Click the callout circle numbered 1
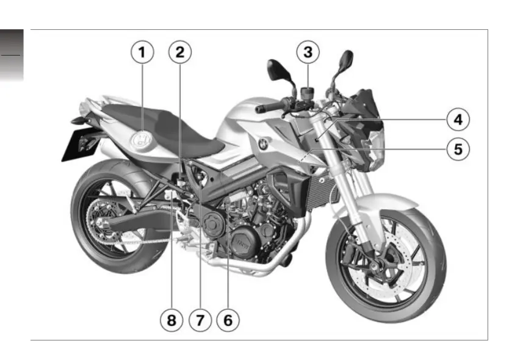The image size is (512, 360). [x=142, y=53]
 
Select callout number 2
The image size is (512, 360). [x=179, y=53]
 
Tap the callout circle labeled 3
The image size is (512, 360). [x=308, y=53]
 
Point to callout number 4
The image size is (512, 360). [x=457, y=120]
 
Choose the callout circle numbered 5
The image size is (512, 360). [x=457, y=149]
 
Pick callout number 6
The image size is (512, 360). [x=227, y=319]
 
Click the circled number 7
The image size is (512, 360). [x=200, y=319]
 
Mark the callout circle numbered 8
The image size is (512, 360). [x=172, y=319]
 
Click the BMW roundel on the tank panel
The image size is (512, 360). [x=262, y=144]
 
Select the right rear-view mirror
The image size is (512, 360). [x=345, y=60]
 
